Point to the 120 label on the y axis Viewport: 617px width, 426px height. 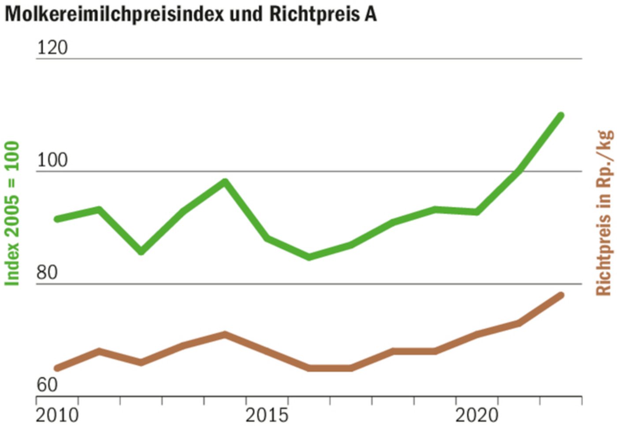[52, 47]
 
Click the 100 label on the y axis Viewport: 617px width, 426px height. [52, 160]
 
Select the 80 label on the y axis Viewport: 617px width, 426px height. [47, 273]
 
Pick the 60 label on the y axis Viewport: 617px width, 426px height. [47, 385]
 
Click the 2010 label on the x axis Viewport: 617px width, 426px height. [57, 415]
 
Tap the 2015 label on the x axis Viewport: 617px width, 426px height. [267, 415]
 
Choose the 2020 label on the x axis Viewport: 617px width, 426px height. [476, 415]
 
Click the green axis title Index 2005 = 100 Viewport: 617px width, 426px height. [12, 213]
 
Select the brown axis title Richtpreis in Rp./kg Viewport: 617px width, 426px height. [604, 213]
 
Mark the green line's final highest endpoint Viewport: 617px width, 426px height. [561, 116]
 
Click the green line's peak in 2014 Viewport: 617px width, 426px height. [225, 181]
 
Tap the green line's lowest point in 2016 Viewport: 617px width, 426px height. [309, 256]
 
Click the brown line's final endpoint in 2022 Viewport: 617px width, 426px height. [561, 295]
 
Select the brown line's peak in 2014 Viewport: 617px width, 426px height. [225, 334]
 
